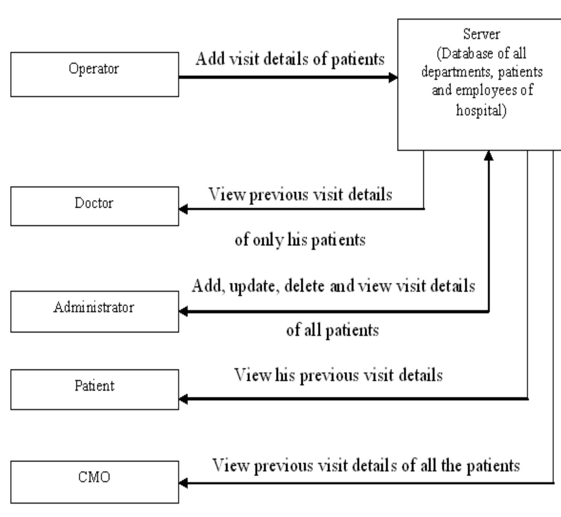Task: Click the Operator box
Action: click(x=94, y=74)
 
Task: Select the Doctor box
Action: click(x=94, y=206)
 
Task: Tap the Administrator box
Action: click(x=94, y=311)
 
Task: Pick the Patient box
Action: click(x=94, y=389)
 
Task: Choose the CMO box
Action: click(x=94, y=482)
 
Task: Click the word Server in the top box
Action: click(x=481, y=34)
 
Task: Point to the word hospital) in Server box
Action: click(x=481, y=110)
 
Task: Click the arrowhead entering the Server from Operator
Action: click(x=393, y=78)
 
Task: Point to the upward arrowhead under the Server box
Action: click(x=489, y=156)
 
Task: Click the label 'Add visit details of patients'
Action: click(x=290, y=59)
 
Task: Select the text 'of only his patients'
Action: click(x=300, y=240)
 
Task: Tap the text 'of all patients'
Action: click(x=332, y=330)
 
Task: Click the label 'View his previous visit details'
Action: click(x=338, y=375)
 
